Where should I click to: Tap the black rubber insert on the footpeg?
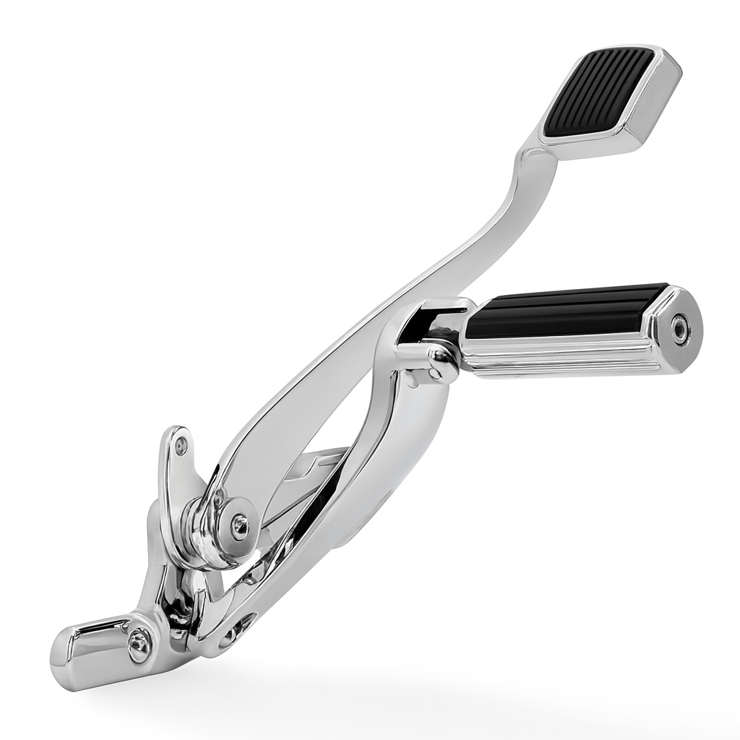[x=564, y=311]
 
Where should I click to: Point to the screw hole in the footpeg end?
[x=680, y=330]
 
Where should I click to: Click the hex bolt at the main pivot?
[x=239, y=527]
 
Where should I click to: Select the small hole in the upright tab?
[x=181, y=446]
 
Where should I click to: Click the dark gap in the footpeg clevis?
[x=426, y=325]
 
